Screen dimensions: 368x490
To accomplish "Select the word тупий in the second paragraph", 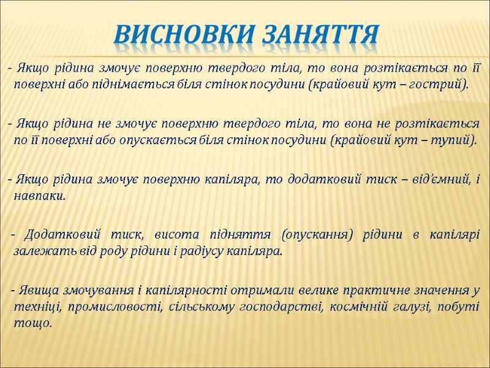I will pyautogui.click(x=454, y=140).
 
